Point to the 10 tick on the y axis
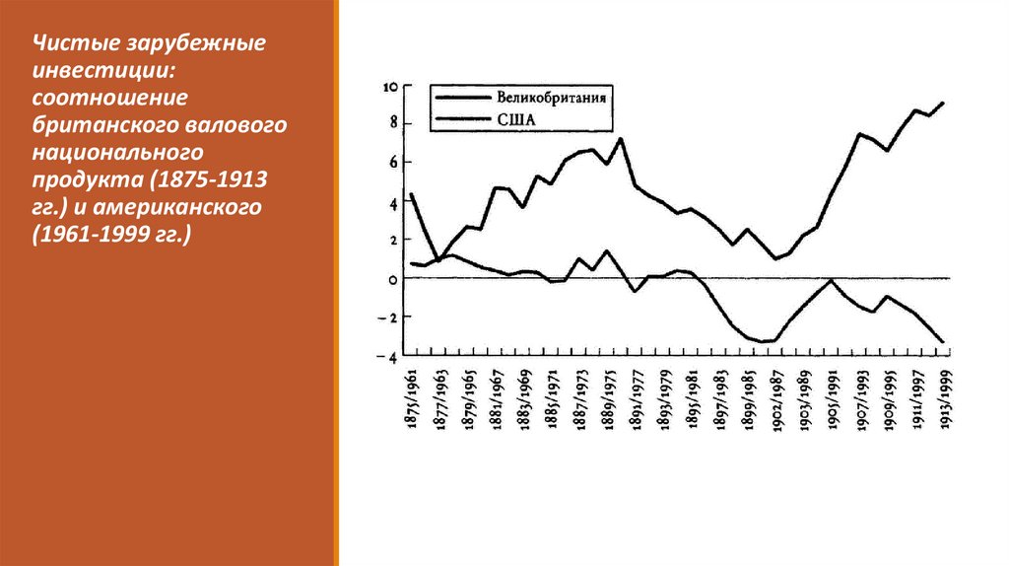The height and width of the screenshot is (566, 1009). (x=390, y=87)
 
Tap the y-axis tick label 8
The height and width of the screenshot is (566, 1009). (x=392, y=123)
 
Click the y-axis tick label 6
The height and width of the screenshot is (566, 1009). (x=392, y=163)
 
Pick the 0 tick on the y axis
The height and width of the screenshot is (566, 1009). (x=392, y=279)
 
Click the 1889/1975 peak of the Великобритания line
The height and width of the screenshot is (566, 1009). (x=620, y=139)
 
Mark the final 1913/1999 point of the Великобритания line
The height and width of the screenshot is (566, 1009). (x=943, y=103)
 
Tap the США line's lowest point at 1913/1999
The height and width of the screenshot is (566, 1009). (x=943, y=342)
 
